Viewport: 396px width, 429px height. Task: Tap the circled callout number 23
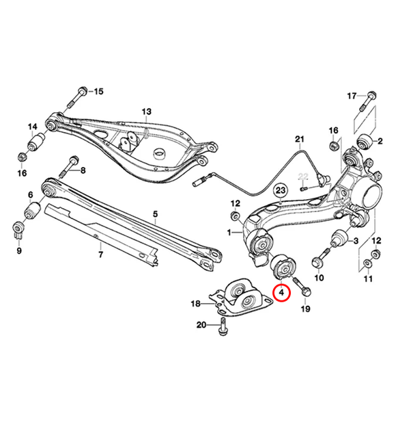pos(281,190)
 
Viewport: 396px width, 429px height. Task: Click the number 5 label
pos(155,214)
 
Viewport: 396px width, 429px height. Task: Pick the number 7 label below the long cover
pos(100,255)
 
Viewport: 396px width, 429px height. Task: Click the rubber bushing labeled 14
pos(37,145)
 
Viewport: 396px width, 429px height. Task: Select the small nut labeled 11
pos(368,265)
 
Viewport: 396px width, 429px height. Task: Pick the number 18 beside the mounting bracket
pos(195,303)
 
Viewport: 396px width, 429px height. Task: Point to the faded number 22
pos(304,177)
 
